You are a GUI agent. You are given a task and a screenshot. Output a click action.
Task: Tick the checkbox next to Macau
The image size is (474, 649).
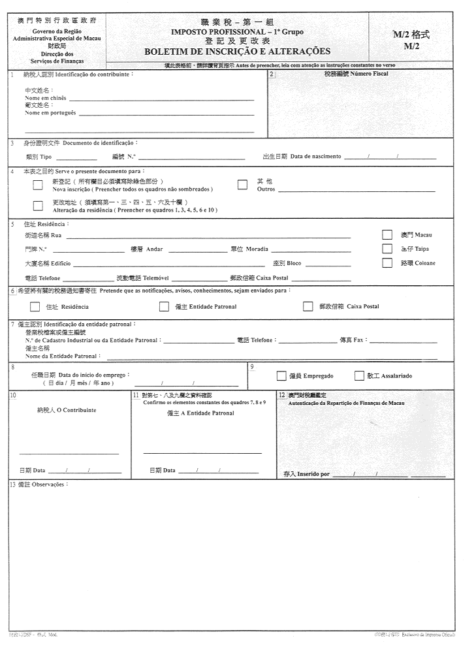point(387,234)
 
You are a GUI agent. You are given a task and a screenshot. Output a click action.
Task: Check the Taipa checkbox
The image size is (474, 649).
point(387,249)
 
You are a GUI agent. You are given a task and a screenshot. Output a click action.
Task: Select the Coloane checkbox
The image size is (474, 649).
point(387,262)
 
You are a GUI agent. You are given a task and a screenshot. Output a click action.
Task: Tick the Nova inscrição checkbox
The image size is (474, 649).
point(37,185)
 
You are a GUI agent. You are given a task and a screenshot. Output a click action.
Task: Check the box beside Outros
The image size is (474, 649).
point(242,185)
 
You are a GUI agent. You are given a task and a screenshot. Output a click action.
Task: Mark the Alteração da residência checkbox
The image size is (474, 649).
point(37,206)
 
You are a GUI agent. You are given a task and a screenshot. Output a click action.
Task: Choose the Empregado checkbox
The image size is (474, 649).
point(281,375)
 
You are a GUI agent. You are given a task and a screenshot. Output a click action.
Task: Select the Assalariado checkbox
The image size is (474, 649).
point(359,375)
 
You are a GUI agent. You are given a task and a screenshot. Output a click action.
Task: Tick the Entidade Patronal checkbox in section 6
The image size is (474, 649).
point(164,306)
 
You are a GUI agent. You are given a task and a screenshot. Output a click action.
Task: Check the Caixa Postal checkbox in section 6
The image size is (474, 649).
point(308,306)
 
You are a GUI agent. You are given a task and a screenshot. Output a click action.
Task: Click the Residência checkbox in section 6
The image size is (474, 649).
point(35,306)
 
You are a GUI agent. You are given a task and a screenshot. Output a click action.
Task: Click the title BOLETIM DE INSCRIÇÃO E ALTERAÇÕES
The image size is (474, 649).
point(237,52)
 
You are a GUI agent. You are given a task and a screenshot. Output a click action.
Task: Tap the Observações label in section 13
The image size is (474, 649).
point(50,484)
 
